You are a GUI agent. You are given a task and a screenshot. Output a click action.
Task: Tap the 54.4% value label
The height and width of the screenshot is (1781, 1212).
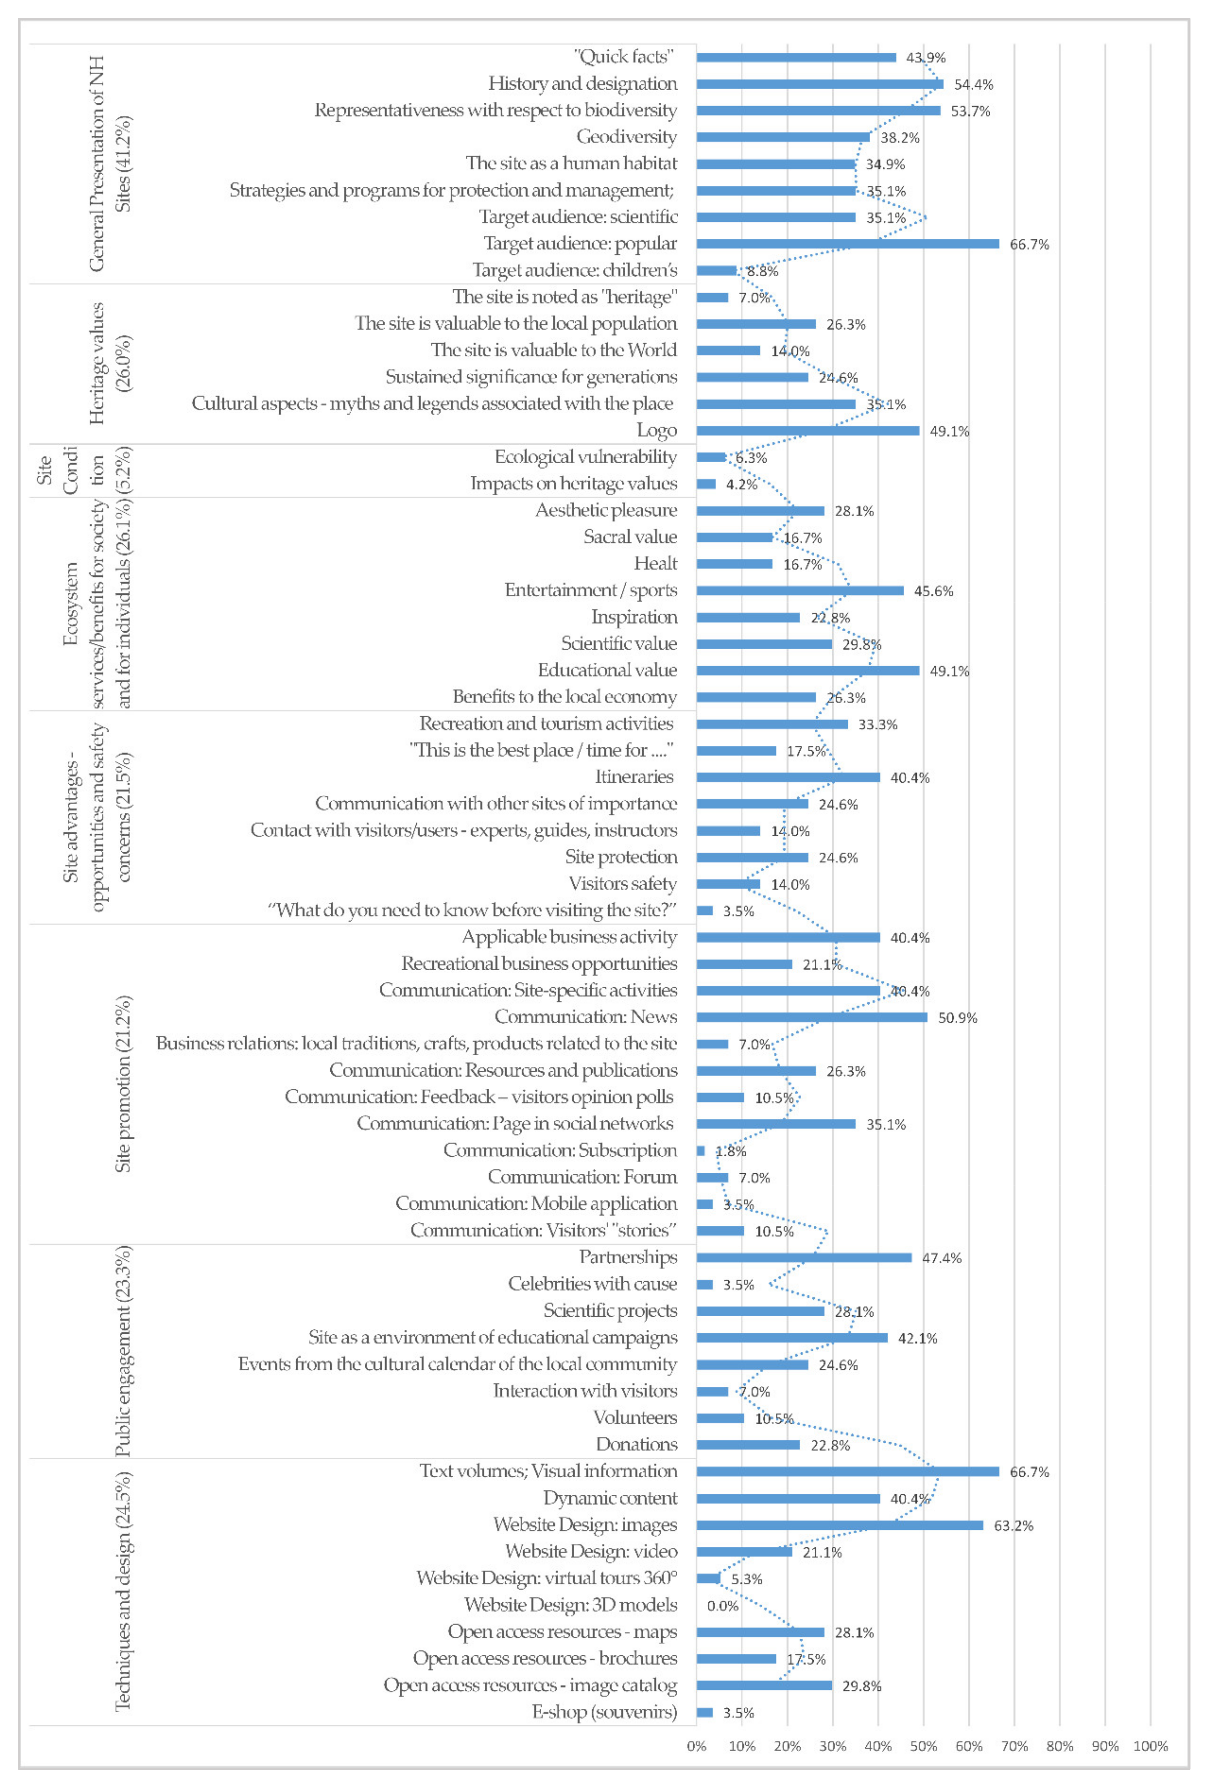pyautogui.click(x=973, y=84)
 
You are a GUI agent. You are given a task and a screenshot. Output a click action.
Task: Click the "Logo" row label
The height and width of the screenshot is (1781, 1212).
pyautogui.click(x=656, y=431)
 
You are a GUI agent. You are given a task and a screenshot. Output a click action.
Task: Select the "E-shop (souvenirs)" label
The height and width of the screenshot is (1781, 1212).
pyautogui.click(x=604, y=1712)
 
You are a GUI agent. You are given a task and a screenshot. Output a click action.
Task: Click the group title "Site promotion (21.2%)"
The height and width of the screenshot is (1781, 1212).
pyautogui.click(x=122, y=1083)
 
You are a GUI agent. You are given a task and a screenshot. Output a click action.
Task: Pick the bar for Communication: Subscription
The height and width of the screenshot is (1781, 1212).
pyautogui.click(x=700, y=1151)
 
